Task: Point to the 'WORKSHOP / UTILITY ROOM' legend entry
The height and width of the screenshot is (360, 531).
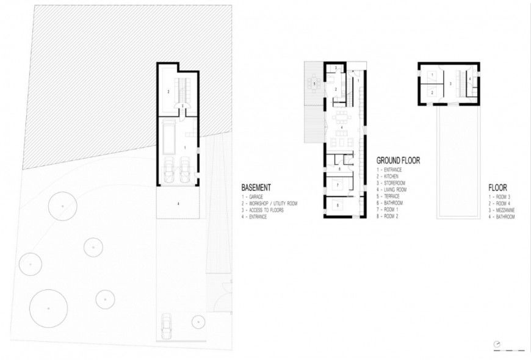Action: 269,204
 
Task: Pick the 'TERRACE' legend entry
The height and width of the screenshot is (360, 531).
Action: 389,196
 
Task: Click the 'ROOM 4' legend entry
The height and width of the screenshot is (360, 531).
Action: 499,204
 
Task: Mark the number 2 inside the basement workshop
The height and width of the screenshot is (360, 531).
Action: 167,92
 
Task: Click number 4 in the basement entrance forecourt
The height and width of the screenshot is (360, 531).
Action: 178,204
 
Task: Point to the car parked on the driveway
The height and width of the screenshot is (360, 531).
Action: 167,327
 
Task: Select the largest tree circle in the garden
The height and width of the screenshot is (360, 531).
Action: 48,308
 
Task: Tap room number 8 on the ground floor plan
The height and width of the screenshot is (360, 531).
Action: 338,206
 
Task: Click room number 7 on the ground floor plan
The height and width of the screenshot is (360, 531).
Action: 338,184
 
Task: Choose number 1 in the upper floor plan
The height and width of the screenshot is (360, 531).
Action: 432,75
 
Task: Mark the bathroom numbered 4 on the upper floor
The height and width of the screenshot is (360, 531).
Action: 469,79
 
